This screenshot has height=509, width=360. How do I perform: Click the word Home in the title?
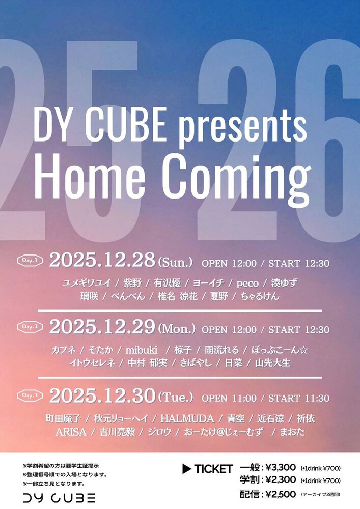[89, 177]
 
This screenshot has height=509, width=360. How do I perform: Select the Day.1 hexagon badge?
[30, 260]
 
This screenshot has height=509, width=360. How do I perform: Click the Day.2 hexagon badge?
[30, 327]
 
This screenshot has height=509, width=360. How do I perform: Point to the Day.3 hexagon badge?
[30, 395]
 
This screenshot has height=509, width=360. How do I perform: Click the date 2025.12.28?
[102, 260]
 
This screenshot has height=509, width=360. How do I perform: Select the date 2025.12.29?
[102, 327]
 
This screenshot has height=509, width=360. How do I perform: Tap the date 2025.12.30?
[102, 395]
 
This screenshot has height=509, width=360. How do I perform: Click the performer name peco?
[247, 284]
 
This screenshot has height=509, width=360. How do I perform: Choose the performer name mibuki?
[142, 350]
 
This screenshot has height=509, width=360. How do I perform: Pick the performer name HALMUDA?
[187, 419]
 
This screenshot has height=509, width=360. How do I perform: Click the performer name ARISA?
[71, 432]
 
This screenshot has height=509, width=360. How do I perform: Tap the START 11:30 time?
[299, 398]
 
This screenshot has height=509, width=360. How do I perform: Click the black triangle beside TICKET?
[186, 469]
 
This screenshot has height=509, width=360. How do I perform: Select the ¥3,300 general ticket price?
[281, 468]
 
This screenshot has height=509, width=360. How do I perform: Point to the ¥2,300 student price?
[281, 480]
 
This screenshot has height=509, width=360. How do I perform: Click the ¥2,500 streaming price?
[281, 494]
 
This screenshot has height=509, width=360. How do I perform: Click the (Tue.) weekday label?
[176, 397]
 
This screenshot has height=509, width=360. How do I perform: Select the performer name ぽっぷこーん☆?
[280, 350]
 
